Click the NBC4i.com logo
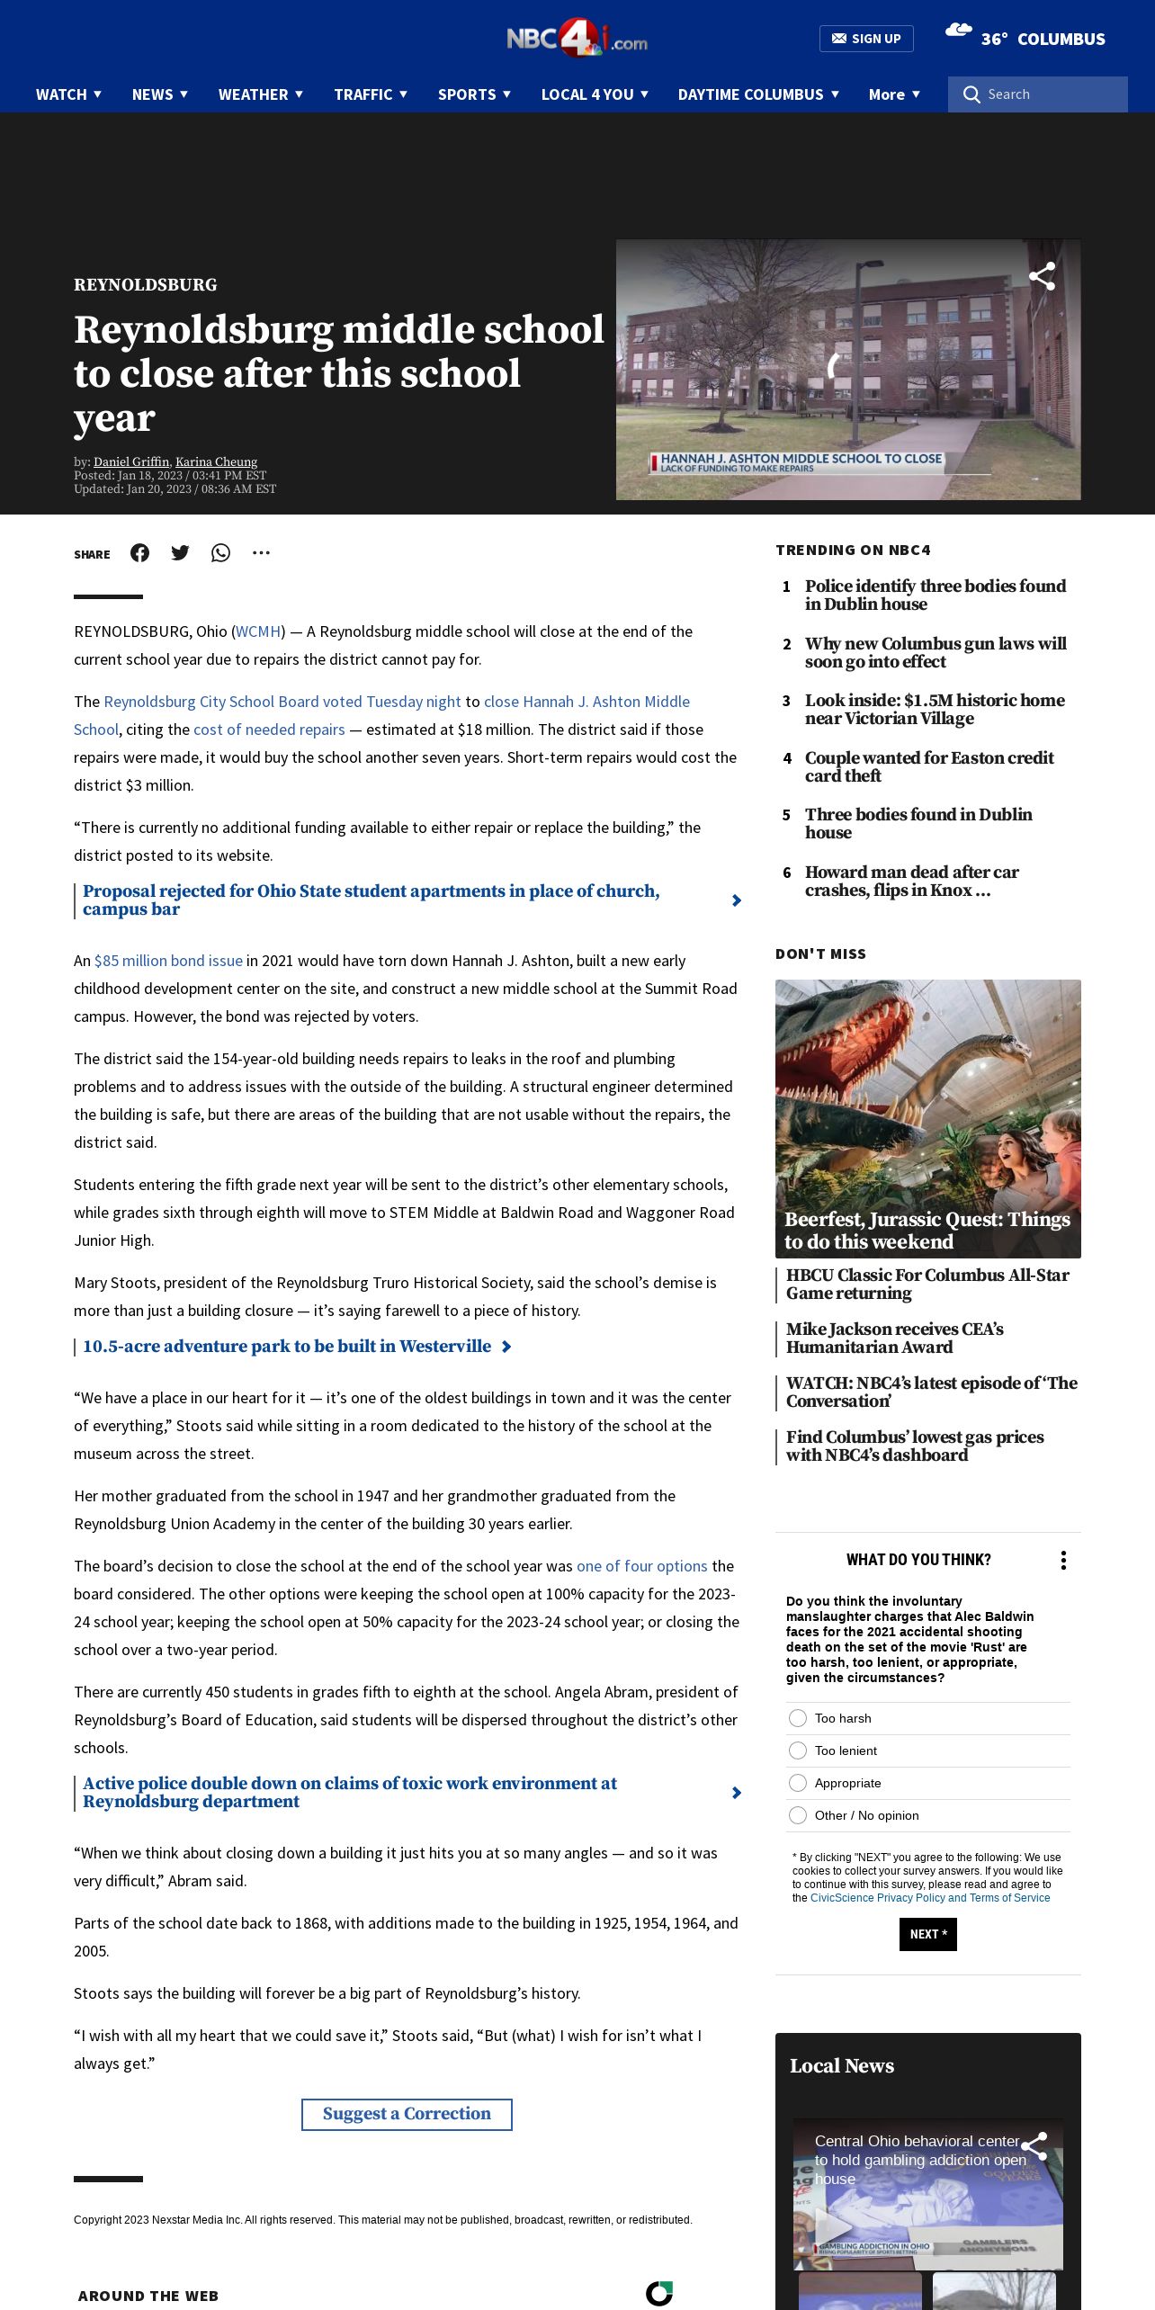(x=577, y=38)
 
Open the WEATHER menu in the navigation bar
(x=260, y=94)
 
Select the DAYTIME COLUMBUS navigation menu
(x=757, y=94)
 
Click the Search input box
(x=1048, y=94)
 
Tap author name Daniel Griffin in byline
(x=131, y=461)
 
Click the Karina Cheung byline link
(x=216, y=461)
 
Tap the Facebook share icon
(x=139, y=553)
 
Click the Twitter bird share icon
(x=180, y=553)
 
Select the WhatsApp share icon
(x=220, y=553)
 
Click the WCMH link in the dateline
(x=258, y=631)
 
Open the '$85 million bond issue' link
(x=168, y=961)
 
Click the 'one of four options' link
(x=641, y=1566)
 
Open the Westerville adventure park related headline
(x=287, y=1347)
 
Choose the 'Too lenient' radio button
(x=798, y=1750)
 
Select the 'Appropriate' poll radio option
(x=798, y=1783)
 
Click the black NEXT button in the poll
(x=927, y=1934)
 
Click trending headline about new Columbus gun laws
(x=936, y=652)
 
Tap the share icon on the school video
(x=1042, y=276)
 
